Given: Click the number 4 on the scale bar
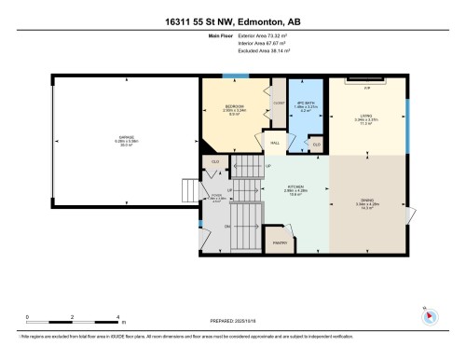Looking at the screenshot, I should click(x=116, y=316).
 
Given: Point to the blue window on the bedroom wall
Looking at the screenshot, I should click(x=229, y=76).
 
